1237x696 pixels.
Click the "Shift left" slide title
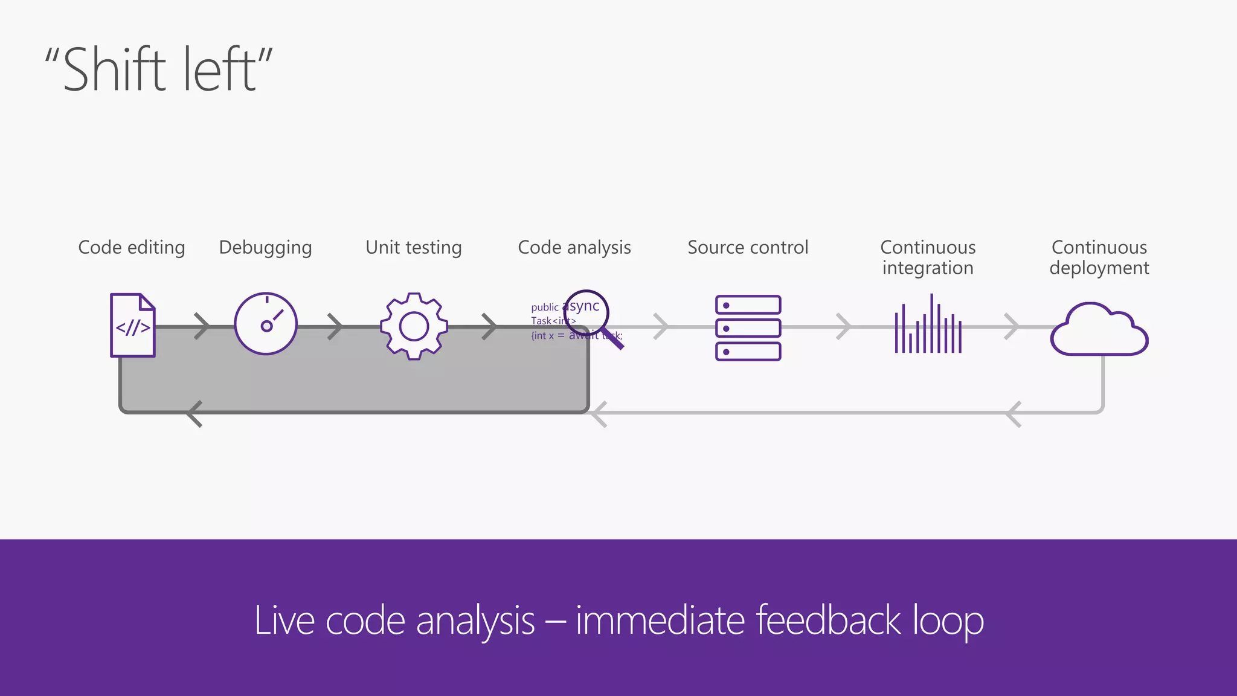click(x=159, y=69)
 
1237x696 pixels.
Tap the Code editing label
click(x=132, y=248)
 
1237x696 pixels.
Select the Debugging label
click(x=265, y=248)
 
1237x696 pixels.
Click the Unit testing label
click(x=414, y=248)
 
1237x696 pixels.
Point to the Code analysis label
click(x=574, y=248)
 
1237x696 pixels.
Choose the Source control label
click(x=748, y=248)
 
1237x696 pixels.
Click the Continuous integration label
click(x=928, y=257)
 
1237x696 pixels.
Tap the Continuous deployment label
click(x=1099, y=257)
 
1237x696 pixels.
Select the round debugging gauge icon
click(x=266, y=324)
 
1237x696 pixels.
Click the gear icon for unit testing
click(x=414, y=326)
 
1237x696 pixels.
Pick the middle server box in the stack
click(x=748, y=328)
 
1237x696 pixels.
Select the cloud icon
click(x=1099, y=331)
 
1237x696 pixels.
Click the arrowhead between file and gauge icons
click(x=202, y=326)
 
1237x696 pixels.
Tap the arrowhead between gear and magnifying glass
click(x=490, y=326)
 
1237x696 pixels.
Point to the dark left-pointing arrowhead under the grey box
click(x=194, y=414)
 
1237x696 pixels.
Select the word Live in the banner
click(x=284, y=620)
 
